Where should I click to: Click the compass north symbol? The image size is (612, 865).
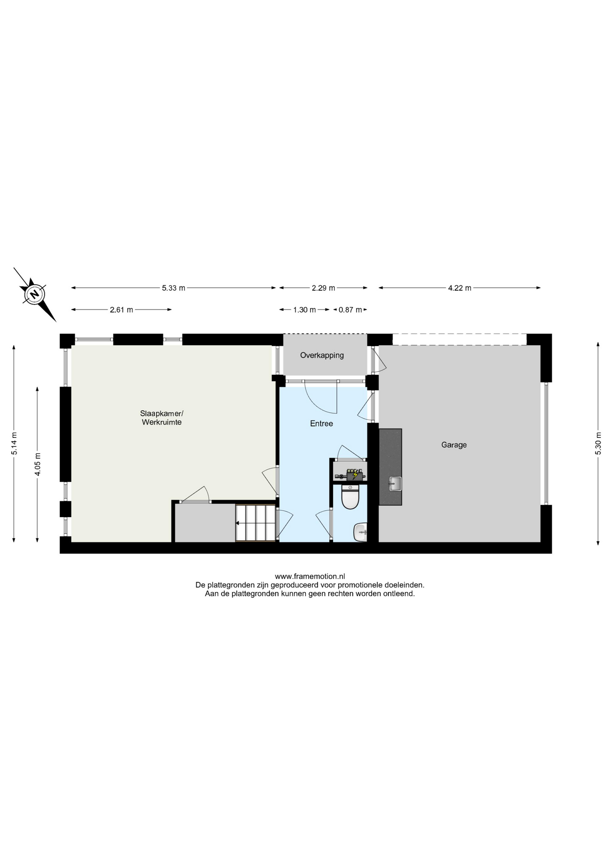35,294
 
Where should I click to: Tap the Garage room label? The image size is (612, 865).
454,445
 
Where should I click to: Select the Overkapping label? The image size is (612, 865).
322,355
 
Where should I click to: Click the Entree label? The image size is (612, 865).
321,423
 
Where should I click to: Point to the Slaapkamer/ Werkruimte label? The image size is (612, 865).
161,418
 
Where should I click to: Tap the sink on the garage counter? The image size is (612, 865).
395,483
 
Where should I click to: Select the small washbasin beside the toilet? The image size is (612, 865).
361,532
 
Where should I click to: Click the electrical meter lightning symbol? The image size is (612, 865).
355,474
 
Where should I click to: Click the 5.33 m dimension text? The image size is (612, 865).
174,288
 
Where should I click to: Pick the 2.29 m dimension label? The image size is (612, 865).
323,288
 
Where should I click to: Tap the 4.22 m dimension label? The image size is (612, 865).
459,288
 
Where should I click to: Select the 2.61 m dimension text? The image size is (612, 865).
121,310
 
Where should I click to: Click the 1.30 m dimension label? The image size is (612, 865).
304,310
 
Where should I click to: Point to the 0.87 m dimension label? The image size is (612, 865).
350,310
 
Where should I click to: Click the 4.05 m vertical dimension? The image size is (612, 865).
38,464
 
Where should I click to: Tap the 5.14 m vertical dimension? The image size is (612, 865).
14,444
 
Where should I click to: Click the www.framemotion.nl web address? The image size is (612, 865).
310,576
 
